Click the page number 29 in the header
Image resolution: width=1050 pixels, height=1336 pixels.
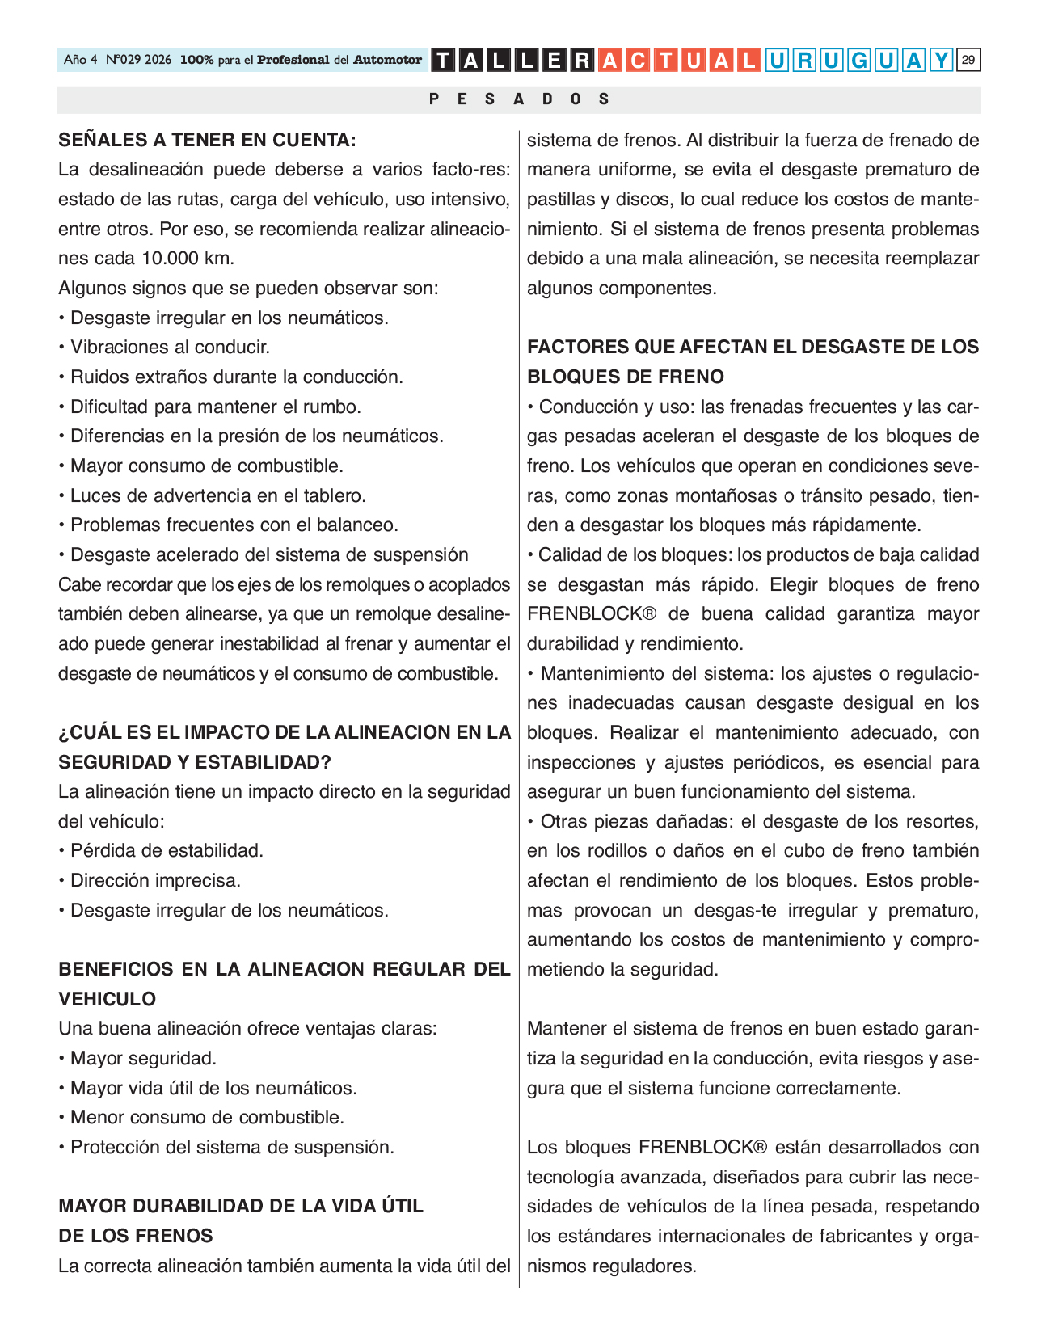tap(968, 60)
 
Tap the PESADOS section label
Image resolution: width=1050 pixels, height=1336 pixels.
tap(519, 99)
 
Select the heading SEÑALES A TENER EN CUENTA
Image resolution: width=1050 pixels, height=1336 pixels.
tap(207, 140)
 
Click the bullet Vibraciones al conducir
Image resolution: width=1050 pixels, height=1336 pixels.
tap(170, 348)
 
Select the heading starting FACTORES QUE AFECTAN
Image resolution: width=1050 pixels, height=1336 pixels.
tap(753, 348)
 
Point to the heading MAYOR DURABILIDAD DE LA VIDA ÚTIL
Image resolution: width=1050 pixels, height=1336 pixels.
tap(241, 1207)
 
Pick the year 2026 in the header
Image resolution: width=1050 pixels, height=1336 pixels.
tap(158, 60)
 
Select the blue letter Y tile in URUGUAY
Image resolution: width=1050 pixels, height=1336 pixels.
tap(942, 61)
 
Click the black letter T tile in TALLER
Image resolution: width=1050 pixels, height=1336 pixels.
tap(444, 61)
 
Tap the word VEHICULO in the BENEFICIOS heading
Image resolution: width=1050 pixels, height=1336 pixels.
tap(108, 999)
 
